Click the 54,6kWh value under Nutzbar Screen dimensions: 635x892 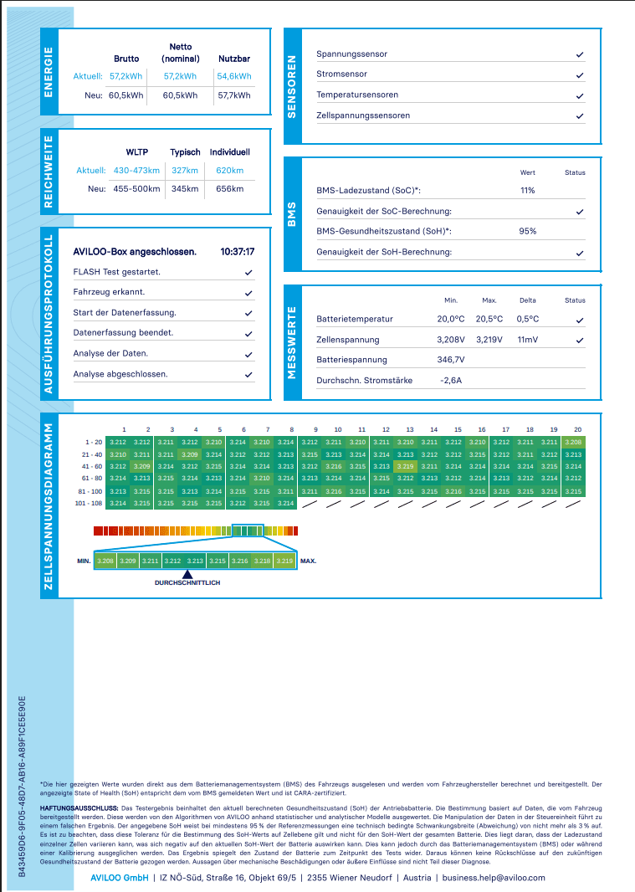pyautogui.click(x=234, y=76)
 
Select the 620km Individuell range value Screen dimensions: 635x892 pyautogui.click(x=229, y=171)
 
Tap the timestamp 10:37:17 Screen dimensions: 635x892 pyautogui.click(x=238, y=252)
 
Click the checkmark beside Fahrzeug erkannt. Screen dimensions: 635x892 pyautogui.click(x=248, y=293)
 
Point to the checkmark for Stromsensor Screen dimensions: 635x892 pyautogui.click(x=580, y=75)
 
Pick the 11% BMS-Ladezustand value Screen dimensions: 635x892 pyautogui.click(x=527, y=191)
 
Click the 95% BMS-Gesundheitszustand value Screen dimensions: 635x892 pyautogui.click(x=527, y=231)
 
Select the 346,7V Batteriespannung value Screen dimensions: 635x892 pyautogui.click(x=451, y=360)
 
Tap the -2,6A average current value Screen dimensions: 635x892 pyautogui.click(x=451, y=380)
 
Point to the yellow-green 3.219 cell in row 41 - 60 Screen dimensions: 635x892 pyautogui.click(x=406, y=466)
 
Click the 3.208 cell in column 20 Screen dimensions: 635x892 pyautogui.click(x=574, y=442)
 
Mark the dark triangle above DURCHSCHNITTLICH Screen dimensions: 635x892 pyautogui.click(x=187, y=575)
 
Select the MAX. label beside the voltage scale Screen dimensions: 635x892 pyautogui.click(x=308, y=561)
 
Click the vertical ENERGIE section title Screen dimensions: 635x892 pyautogui.click(x=49, y=72)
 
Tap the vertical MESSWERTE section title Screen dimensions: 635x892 pyautogui.click(x=292, y=342)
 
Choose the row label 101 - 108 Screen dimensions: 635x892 pyautogui.click(x=89, y=504)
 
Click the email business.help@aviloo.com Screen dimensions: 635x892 pyautogui.click(x=494, y=878)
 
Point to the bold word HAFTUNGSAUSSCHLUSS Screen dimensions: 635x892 pyautogui.click(x=79, y=807)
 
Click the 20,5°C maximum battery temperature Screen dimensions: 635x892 pyautogui.click(x=489, y=319)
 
